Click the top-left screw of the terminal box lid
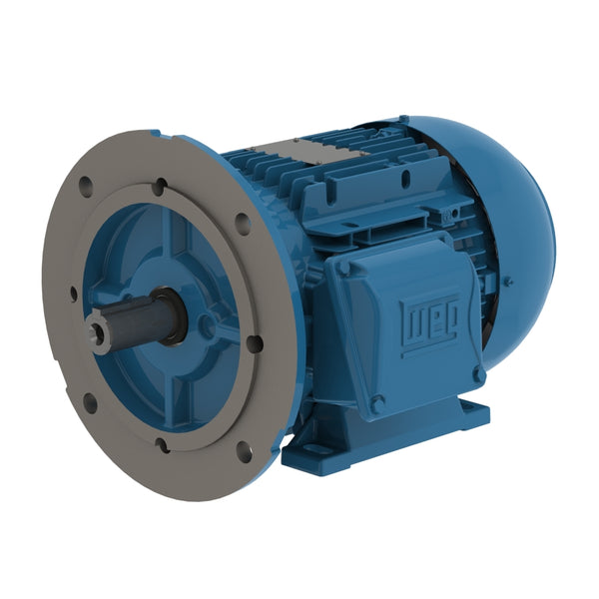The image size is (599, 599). click(343, 268)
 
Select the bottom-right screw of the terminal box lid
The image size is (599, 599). click(479, 374)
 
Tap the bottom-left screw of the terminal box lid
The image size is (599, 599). click(377, 403)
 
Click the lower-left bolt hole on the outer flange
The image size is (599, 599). click(90, 402)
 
